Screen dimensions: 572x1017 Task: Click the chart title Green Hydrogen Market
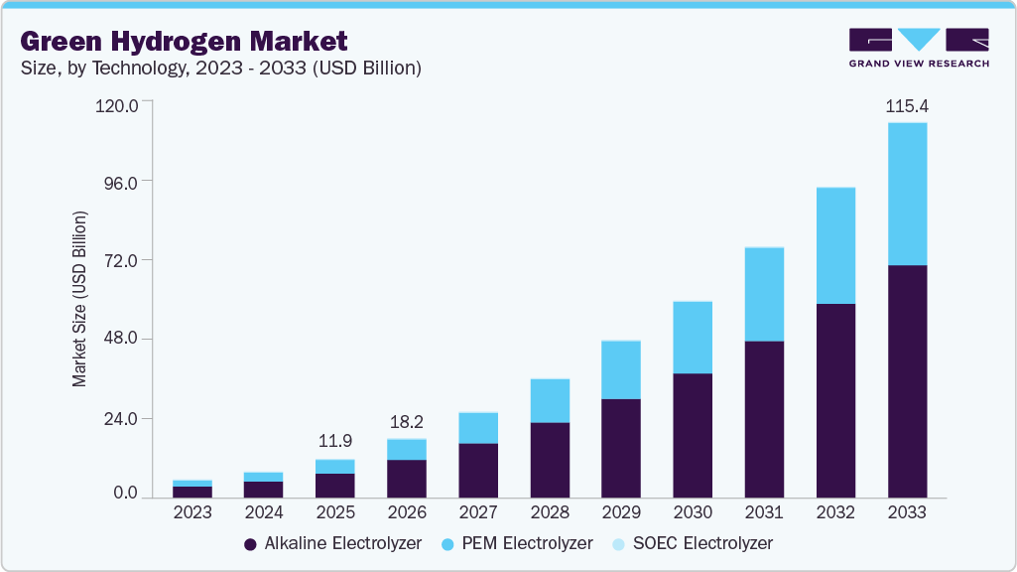point(184,41)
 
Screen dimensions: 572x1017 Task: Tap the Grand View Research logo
point(919,47)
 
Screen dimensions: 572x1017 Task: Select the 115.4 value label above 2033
point(906,105)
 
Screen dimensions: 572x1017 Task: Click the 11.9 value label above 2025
point(334,441)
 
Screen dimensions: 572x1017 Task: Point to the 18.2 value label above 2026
point(406,420)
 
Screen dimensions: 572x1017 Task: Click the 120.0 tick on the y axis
point(117,103)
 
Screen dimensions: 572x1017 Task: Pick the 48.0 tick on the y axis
point(121,340)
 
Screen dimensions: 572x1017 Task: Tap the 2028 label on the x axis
point(550,512)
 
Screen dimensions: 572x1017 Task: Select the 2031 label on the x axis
point(764,512)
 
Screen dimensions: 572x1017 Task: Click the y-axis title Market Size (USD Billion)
point(79,299)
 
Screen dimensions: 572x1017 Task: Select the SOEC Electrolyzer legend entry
point(692,543)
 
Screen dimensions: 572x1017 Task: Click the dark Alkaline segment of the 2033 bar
point(907,381)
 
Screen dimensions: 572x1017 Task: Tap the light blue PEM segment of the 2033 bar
point(907,194)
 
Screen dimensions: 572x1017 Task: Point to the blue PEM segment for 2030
point(693,338)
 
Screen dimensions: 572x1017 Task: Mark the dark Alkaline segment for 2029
point(621,448)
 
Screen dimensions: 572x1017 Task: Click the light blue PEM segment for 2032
point(835,245)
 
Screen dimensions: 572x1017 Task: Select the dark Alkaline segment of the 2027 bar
point(478,470)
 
